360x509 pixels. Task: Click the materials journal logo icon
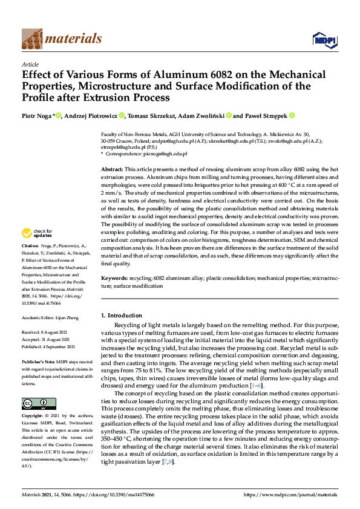coord(32,39)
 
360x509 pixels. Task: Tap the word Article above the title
coord(30,64)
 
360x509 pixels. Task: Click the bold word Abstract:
coord(112,170)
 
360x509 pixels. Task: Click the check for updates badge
coord(38,233)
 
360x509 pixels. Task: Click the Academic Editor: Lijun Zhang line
coord(52,317)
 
